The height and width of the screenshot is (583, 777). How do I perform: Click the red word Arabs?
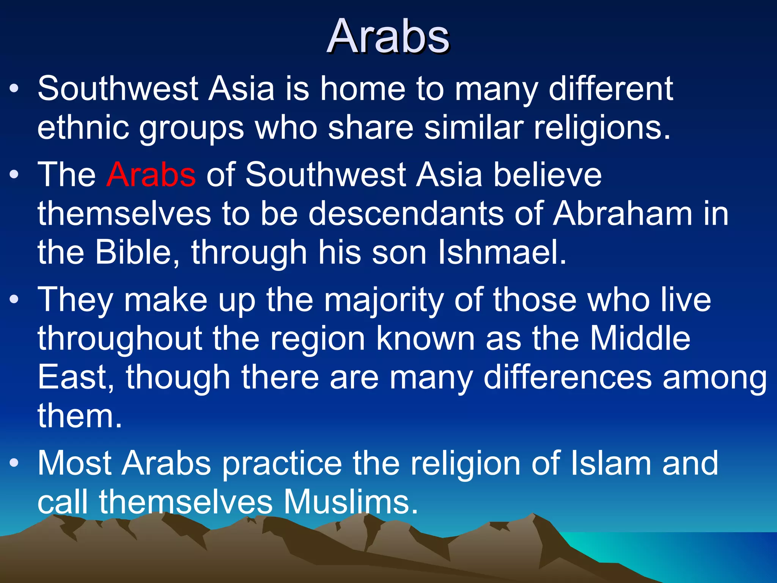tap(151, 175)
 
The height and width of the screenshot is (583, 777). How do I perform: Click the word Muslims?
tap(351, 502)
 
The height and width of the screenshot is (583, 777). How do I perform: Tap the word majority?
tap(384, 301)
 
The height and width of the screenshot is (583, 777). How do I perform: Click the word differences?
tap(567, 377)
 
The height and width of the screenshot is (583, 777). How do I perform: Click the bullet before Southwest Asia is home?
tap(14, 90)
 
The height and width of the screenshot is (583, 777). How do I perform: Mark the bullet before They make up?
tap(14, 300)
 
